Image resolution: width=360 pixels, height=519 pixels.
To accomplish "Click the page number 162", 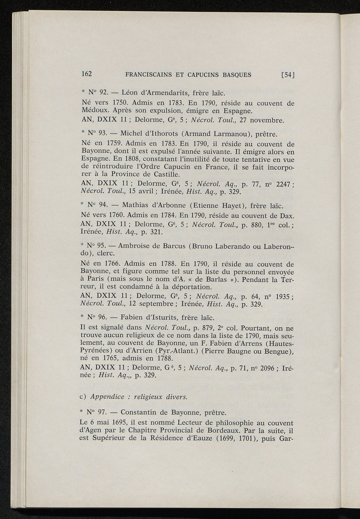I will tap(86, 74).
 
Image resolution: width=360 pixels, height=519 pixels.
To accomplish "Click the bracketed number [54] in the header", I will tap(287, 75).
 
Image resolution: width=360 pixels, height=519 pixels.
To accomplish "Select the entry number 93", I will tap(103, 134).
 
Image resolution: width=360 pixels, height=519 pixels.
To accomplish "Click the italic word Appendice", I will tap(108, 397).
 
